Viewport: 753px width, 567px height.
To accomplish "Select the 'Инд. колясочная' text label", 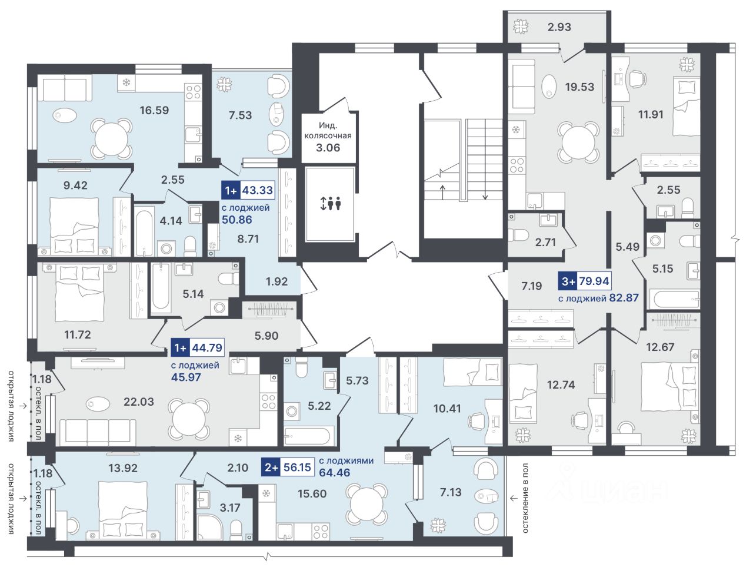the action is (328, 130).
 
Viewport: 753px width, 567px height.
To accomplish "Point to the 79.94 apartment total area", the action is (593, 281).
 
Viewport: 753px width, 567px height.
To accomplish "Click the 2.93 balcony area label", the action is (559, 27).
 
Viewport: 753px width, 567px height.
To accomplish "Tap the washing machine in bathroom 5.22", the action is (292, 411).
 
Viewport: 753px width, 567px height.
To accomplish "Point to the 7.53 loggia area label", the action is (240, 115).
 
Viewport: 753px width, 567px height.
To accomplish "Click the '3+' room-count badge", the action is (568, 281).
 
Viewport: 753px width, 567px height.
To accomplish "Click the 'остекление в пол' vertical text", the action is (525, 498).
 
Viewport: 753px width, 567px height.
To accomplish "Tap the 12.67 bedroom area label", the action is (660, 347).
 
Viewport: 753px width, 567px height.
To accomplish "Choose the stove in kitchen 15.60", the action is (321, 531).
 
